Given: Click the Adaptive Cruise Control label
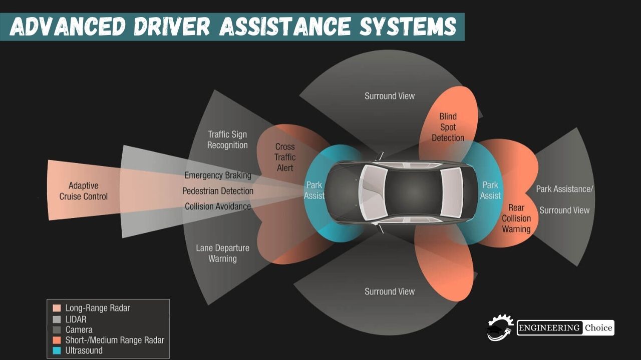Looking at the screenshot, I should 83,191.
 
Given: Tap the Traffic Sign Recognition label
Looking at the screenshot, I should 227,140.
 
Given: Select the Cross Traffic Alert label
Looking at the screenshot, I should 285,157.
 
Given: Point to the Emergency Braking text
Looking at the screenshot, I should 218,175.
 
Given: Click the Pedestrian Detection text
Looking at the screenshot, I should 218,191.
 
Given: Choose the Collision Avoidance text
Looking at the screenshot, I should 218,206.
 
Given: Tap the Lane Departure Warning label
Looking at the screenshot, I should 222,253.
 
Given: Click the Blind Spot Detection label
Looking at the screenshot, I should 448,127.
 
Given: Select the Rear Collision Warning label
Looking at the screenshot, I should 516,218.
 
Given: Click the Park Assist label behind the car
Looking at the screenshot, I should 490,190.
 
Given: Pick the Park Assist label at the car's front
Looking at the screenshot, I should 314,190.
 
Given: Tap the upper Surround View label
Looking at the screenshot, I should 390,96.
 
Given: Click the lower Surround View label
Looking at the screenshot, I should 390,291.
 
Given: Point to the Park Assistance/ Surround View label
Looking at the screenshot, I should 564,199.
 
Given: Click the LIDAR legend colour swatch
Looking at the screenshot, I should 57,319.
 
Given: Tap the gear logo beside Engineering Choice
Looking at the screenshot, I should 500,328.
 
